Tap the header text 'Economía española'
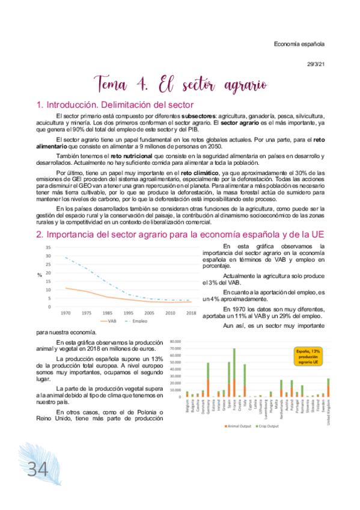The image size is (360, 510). [x=299, y=44]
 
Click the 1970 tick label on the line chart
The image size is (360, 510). [x=66, y=313]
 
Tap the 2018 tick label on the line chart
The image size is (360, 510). [x=191, y=313]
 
